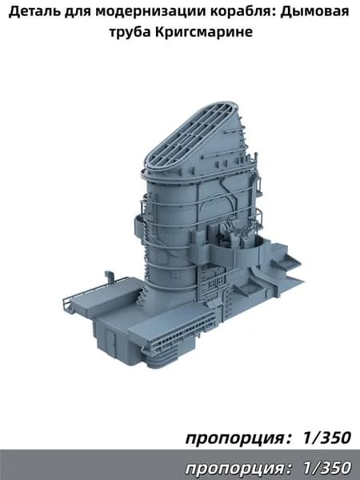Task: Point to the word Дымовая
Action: click(315, 12)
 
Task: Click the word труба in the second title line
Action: click(130, 31)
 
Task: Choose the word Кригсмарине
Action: click(203, 31)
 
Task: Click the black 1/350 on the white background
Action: click(326, 438)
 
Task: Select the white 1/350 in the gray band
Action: click(326, 468)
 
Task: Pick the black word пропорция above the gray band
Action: click(235, 438)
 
